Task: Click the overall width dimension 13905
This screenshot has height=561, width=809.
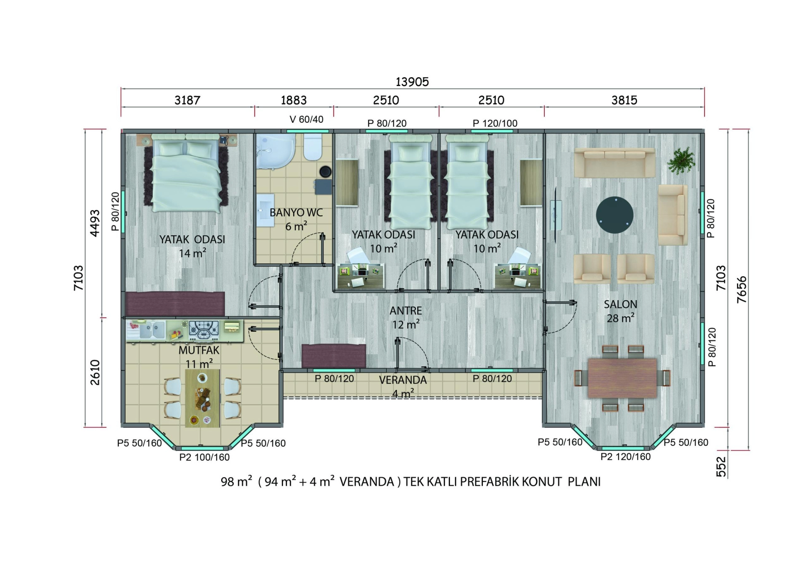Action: point(412,82)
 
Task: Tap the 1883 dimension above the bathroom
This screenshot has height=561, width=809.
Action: point(294,100)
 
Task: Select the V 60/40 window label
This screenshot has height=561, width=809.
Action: point(306,119)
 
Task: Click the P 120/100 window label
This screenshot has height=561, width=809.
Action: point(495,123)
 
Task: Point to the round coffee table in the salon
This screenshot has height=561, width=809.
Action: point(615,215)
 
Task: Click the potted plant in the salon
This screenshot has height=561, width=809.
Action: point(681,161)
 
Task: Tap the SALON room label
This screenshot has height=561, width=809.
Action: point(620,304)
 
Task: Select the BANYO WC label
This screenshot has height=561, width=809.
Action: point(296,212)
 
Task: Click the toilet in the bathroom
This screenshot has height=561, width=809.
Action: point(313,148)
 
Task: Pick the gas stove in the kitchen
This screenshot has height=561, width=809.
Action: point(204,330)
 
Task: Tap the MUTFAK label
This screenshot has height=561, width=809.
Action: point(199,350)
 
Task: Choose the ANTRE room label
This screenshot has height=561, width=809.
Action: point(406,311)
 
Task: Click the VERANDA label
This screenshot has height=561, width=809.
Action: point(403,380)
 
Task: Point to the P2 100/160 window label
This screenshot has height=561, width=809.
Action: point(204,457)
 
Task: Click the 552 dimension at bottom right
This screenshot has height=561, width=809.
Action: point(722,467)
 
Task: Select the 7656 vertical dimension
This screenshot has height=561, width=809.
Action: point(742,290)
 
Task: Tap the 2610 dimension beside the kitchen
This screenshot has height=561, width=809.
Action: point(95,372)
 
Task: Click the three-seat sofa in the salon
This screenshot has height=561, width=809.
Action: point(615,162)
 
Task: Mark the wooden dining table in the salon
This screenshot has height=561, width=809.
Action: point(622,378)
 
